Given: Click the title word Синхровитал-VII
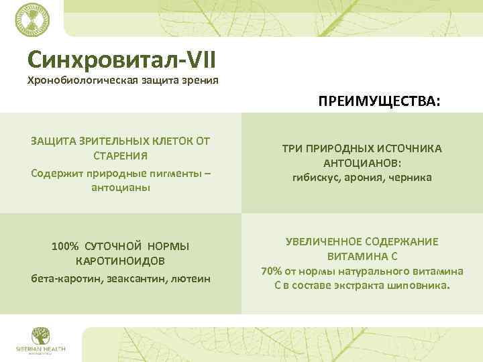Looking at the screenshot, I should [121, 60].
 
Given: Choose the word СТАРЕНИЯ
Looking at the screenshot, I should [121, 156].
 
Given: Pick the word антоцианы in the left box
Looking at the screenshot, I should [121, 188].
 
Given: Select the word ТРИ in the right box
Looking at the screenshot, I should [292, 148].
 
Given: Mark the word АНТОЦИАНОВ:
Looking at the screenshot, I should [362, 164].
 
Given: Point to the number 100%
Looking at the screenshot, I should [65, 245].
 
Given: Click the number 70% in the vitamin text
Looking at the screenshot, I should [272, 271].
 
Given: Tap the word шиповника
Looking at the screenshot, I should [421, 286].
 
